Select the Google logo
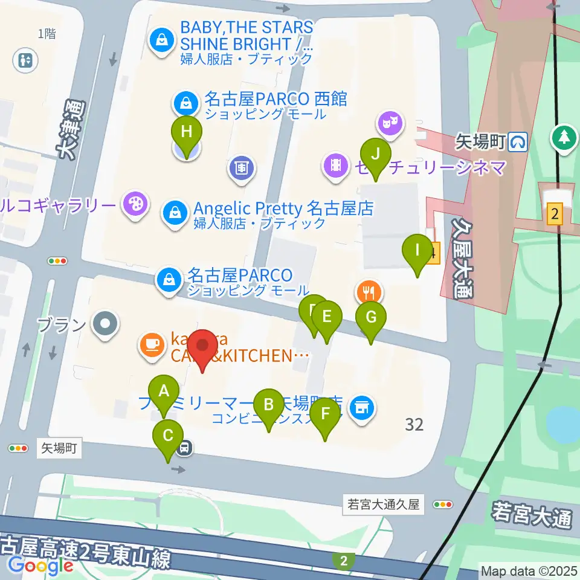click(x=40, y=565)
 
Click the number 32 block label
click(x=414, y=425)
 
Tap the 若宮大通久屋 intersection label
click(x=384, y=504)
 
